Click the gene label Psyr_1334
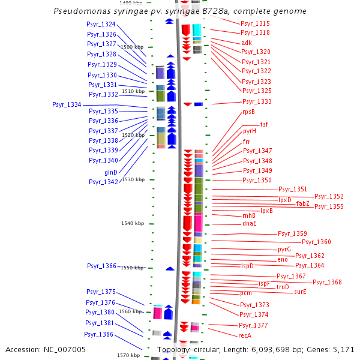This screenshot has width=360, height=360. coord(67,104)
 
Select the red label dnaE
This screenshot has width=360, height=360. coord(250,224)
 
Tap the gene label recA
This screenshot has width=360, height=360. coord(245,335)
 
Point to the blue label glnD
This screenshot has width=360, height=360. coord(111,172)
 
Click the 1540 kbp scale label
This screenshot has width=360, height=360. coord(133,223)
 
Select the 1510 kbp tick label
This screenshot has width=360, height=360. coord(133,91)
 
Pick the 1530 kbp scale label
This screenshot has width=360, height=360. coord(133,179)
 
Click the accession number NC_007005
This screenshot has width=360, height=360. coord(65,350)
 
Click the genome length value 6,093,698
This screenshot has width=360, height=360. coord(271,350)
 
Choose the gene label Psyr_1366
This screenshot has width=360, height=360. coord(102,266)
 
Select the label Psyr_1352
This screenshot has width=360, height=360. coord(329,197)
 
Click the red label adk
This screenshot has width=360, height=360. coord(247,43)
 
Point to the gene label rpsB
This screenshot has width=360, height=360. coord(248,112)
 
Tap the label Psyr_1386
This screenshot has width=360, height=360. coord(99,334)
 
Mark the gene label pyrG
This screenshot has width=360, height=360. coord(284,250)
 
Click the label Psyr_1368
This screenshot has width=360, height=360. coord(327,282)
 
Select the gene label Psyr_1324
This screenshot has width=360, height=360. coord(101,24)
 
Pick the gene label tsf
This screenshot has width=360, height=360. coord(264,124)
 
